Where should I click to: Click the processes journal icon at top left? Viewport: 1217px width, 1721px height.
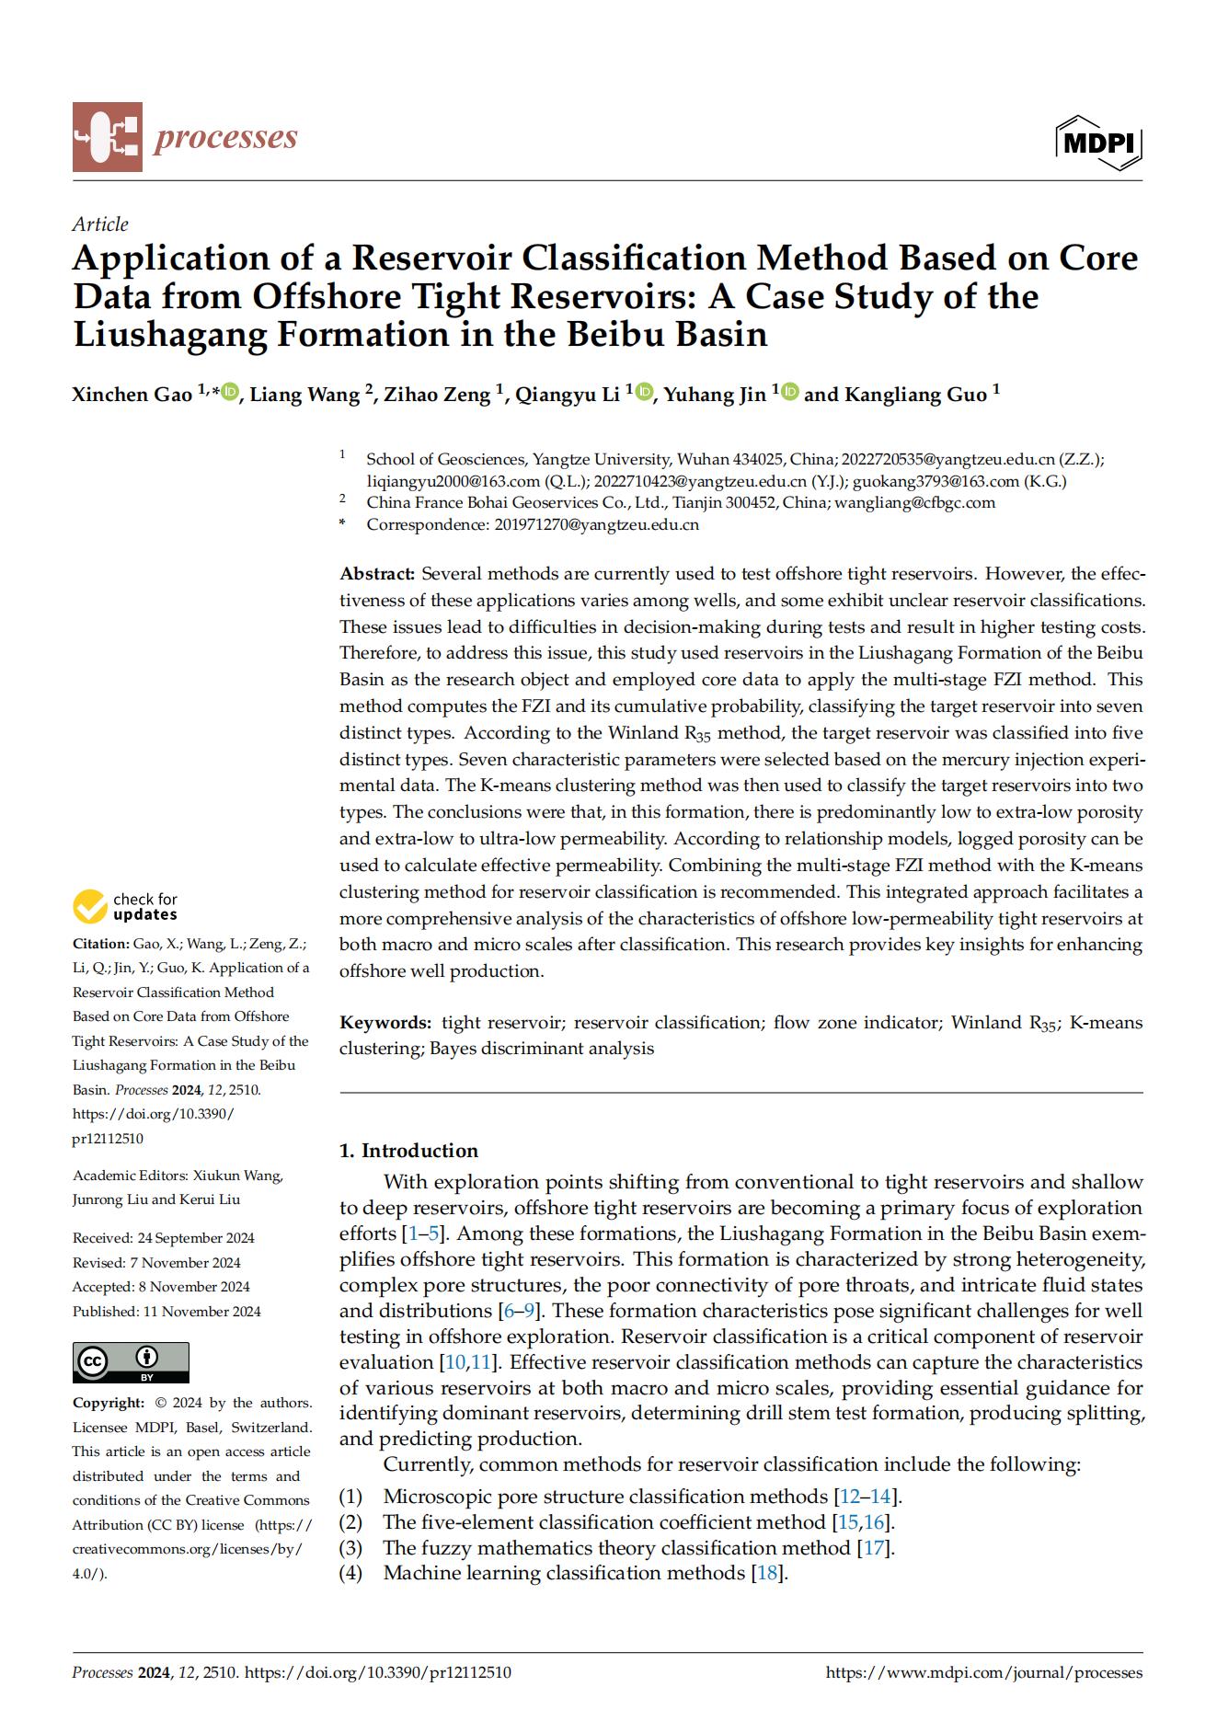(x=108, y=137)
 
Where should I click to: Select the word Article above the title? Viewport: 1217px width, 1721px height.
(x=100, y=224)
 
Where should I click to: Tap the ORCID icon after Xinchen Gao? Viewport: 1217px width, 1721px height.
(x=230, y=393)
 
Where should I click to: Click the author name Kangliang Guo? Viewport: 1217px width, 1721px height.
(x=914, y=395)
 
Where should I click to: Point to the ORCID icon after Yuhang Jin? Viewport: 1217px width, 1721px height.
(x=791, y=393)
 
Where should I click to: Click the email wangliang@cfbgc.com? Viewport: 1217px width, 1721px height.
(x=914, y=502)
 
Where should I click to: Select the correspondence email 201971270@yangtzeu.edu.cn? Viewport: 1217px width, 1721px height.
(x=596, y=524)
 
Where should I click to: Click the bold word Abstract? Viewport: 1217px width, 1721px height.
(x=377, y=574)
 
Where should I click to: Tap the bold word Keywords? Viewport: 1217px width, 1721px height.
(x=385, y=1023)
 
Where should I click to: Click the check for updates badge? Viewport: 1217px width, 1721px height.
(x=126, y=906)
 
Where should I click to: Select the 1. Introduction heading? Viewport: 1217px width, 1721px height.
(x=408, y=1151)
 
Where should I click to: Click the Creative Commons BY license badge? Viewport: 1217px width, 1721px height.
(x=131, y=1361)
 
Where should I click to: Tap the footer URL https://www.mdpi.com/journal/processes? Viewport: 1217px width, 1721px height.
(x=983, y=1672)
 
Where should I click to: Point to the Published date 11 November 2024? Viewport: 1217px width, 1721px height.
(x=201, y=1312)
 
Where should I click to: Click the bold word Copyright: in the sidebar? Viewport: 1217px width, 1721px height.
(x=109, y=1403)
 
